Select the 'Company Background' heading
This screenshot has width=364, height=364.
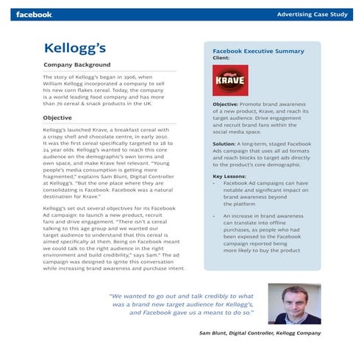77,65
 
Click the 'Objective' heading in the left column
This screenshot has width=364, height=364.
57,118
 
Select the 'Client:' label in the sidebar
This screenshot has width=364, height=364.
221,57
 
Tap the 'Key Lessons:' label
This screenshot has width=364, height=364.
229,176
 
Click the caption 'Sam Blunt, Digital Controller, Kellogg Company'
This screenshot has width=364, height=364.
260,333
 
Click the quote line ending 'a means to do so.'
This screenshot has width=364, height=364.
192,313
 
